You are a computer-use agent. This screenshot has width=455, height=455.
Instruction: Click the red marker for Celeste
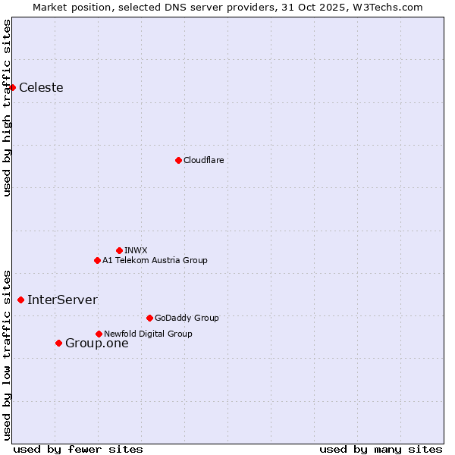12,88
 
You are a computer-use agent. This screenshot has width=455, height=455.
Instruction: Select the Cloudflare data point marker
178,160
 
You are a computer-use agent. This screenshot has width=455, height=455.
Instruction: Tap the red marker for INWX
119,250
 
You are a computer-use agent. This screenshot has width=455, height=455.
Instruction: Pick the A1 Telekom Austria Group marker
97,260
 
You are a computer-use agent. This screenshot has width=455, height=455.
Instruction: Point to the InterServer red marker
20,300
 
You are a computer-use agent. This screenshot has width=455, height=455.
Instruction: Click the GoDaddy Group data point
149,318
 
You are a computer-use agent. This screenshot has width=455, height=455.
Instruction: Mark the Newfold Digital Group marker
99,334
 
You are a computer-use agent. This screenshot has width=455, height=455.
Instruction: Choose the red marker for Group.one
58,344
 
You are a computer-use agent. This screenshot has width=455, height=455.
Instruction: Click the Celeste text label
41,88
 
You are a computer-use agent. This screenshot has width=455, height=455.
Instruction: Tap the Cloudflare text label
203,160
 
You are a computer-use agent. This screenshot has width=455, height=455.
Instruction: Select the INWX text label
136,250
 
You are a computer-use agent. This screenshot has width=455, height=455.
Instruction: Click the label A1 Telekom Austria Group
155,260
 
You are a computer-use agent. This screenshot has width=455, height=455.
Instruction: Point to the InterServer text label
62,300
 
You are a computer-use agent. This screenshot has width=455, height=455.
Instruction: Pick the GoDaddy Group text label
187,318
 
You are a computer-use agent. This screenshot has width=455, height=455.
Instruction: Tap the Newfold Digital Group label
148,334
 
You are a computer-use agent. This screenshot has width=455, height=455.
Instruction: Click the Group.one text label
96,344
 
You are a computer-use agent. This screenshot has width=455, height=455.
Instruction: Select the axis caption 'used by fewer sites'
78,449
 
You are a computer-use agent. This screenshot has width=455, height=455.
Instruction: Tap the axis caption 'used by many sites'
381,449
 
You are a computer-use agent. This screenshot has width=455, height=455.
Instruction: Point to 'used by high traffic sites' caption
7,108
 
